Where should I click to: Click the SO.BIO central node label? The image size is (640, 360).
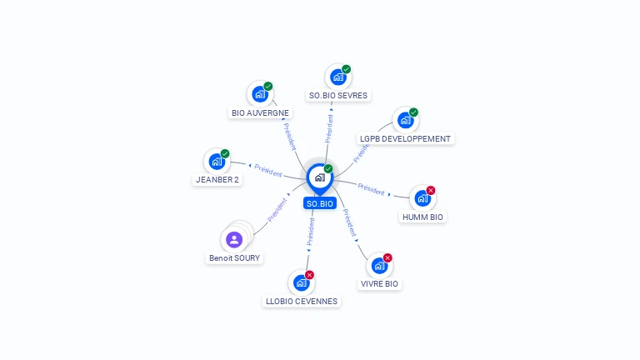click(320, 203)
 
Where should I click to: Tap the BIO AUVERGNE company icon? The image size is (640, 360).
click(259, 94)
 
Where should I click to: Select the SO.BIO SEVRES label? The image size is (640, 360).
click(337, 96)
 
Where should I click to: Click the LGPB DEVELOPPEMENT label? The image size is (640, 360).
click(405, 139)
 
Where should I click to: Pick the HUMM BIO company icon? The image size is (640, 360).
click(422, 198)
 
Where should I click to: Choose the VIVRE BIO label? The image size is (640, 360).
click(379, 284)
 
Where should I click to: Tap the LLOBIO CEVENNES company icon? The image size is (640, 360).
click(301, 283)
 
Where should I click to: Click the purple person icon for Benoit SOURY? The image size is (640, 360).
click(234, 240)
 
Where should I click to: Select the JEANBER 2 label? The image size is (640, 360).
click(217, 180)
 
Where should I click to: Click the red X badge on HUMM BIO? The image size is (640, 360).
click(431, 190)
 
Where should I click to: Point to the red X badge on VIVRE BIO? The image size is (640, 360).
click(387, 257)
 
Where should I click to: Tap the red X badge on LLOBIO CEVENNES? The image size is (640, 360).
click(309, 275)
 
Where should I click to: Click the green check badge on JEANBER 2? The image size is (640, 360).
click(225, 153)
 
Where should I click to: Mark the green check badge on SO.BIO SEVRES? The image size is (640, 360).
click(346, 69)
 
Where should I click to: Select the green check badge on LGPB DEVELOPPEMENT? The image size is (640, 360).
click(413, 112)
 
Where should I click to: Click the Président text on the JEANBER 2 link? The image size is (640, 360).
click(267, 170)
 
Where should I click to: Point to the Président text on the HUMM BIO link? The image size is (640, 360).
click(371, 188)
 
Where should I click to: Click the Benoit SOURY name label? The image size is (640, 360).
click(235, 258)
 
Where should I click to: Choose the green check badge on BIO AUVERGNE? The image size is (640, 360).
click(267, 86)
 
